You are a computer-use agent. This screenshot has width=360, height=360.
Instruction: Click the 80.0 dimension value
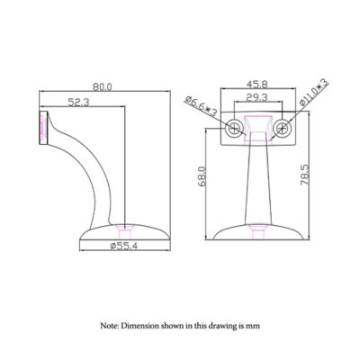click(x=102, y=87)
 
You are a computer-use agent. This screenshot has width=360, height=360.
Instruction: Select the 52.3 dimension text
click(x=77, y=103)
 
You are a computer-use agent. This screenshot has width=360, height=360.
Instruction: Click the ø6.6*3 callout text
click(x=201, y=106)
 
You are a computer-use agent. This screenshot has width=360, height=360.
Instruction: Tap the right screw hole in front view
click(x=284, y=127)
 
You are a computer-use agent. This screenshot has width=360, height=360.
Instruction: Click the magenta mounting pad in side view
click(x=40, y=128)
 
